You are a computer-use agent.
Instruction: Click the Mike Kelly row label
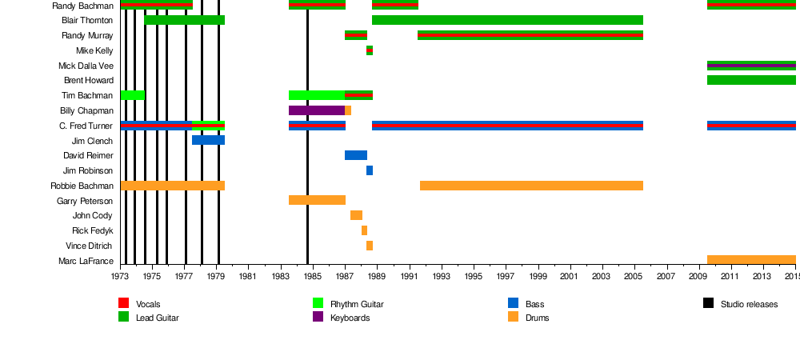94,50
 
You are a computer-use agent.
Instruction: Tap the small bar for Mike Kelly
369,50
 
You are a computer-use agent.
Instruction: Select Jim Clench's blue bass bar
208,140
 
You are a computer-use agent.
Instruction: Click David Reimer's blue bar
356,155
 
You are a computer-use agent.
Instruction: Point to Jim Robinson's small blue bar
369,170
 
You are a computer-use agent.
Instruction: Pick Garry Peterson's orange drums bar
317,200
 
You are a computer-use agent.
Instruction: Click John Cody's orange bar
356,215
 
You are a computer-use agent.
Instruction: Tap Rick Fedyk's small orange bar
364,230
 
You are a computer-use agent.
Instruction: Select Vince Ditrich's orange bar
369,246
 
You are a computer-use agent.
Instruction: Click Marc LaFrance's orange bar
751,260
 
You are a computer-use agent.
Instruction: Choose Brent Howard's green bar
751,80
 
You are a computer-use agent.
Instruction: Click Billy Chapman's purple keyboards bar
316,110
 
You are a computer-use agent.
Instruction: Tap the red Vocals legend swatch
124,303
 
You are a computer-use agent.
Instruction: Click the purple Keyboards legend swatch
318,317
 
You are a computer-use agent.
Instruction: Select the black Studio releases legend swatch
708,303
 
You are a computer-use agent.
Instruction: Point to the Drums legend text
537,318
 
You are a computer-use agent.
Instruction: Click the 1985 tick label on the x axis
313,277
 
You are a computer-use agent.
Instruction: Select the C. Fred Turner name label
86,126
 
